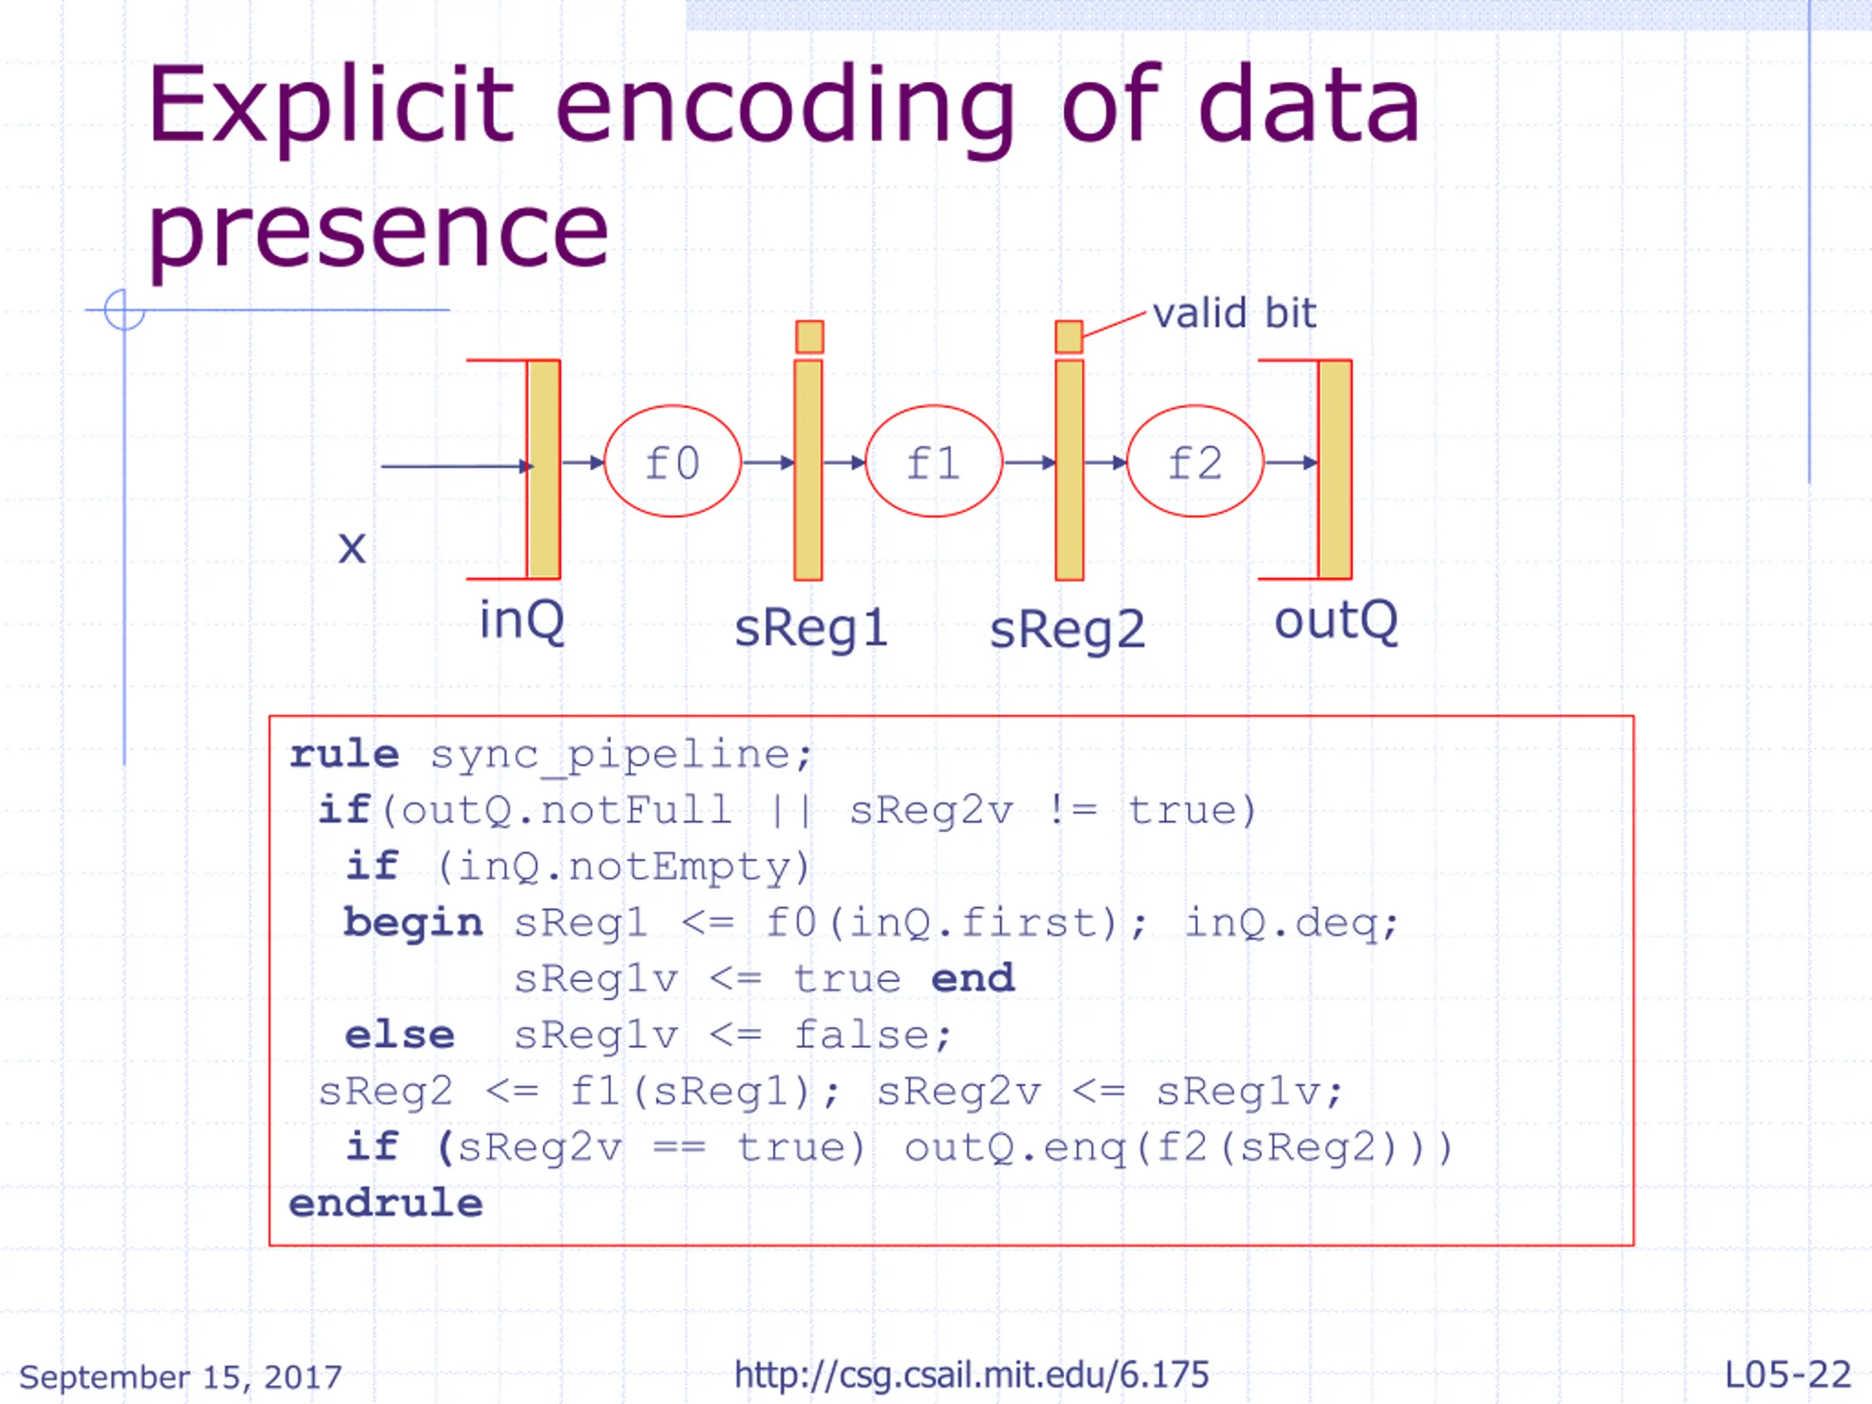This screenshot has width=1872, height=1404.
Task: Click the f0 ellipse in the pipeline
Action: click(x=672, y=461)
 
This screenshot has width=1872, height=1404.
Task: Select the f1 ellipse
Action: click(x=934, y=461)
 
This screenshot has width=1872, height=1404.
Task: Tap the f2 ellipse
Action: click(x=1195, y=461)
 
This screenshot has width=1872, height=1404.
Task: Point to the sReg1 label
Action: click(x=811, y=629)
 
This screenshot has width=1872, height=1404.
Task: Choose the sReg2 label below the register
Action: click(x=1067, y=630)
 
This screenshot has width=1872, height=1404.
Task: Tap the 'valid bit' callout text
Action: click(x=1234, y=313)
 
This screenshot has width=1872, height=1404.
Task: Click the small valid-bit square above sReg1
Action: click(x=809, y=337)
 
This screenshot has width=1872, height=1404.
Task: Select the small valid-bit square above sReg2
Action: click(x=1069, y=337)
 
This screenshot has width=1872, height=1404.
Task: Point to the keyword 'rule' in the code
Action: click(x=344, y=753)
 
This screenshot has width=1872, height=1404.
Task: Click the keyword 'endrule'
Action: click(x=386, y=1203)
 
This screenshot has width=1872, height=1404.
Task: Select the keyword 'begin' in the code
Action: click(x=413, y=921)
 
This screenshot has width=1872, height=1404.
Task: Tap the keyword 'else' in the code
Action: click(x=399, y=1034)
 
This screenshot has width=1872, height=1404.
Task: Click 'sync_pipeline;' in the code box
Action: click(x=621, y=753)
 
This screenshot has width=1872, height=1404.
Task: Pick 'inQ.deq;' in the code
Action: click(x=1291, y=921)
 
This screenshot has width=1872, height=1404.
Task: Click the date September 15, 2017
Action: click(x=181, y=1377)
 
